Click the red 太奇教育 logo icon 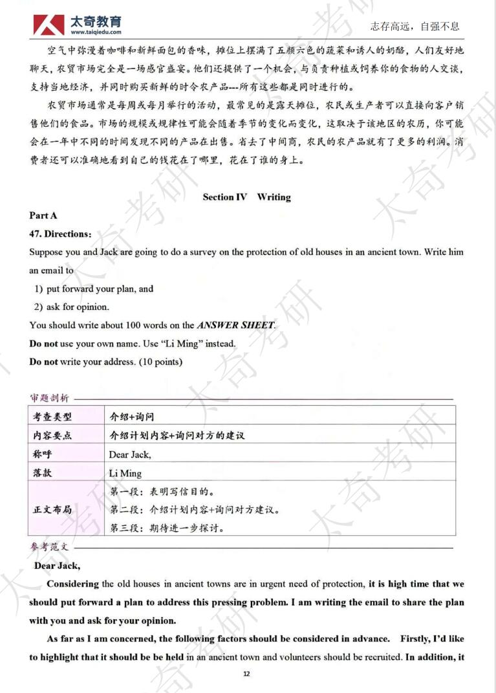click(x=48, y=25)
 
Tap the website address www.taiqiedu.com click(x=96, y=32)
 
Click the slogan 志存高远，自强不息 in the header click(x=415, y=27)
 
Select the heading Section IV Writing click(x=247, y=197)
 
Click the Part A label click(x=43, y=215)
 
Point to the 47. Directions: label click(x=60, y=234)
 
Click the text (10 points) click(x=161, y=362)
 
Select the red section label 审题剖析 click(x=50, y=398)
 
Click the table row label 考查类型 click(x=52, y=417)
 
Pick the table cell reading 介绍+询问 click(x=132, y=417)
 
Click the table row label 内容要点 click(x=52, y=435)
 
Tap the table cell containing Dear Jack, click(x=130, y=455)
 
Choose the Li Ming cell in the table click(x=125, y=474)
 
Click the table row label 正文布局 click(x=52, y=510)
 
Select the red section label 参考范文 click(x=49, y=547)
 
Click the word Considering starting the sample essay click(x=72, y=584)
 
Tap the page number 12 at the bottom click(x=246, y=674)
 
